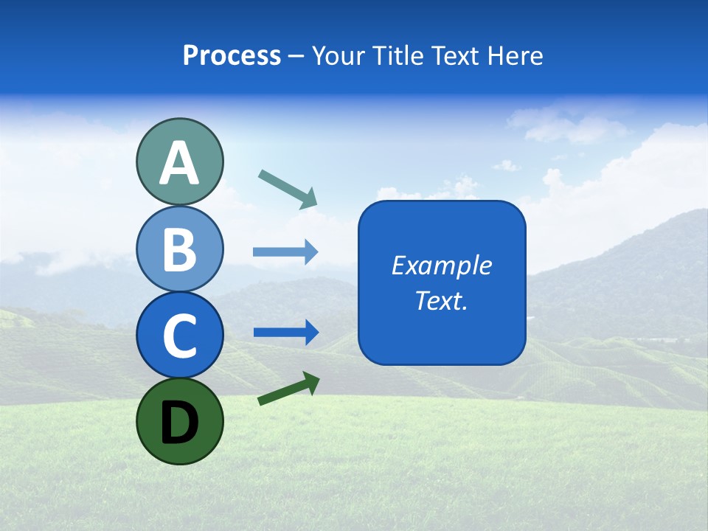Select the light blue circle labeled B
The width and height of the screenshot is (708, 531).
point(179,249)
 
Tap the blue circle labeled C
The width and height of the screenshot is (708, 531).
point(179,335)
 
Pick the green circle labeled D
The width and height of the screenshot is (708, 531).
point(179,421)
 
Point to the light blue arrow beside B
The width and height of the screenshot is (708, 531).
point(285,251)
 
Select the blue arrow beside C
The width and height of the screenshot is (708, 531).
point(285,333)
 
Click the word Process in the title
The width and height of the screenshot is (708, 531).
point(232,55)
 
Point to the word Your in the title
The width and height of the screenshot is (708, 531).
point(339,55)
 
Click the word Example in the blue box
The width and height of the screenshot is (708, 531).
point(441,265)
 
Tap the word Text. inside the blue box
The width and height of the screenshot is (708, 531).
point(441,300)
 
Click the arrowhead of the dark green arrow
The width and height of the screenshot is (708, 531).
point(311,381)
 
